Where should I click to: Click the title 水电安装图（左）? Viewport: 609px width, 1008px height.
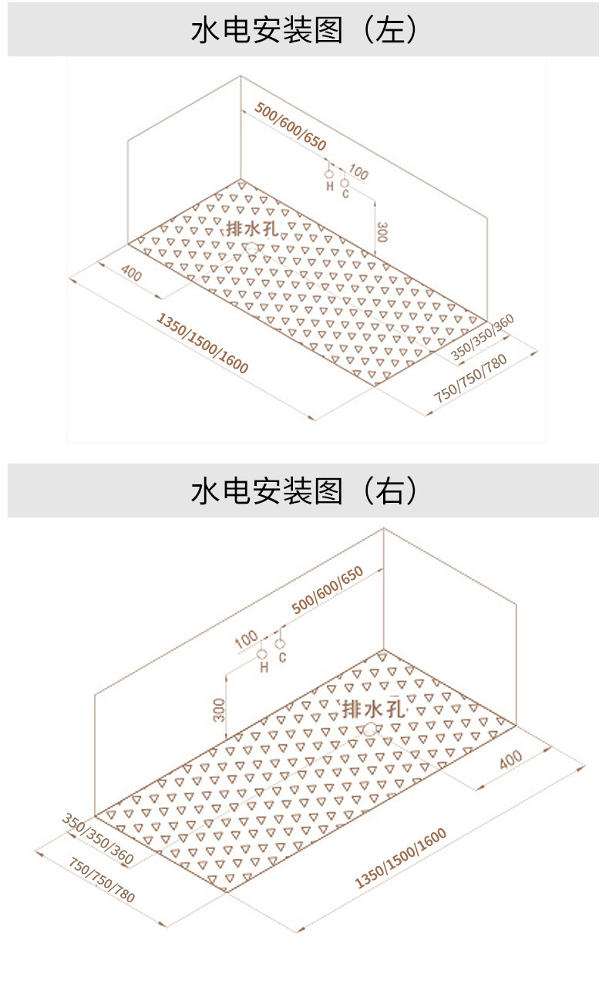click(x=304, y=30)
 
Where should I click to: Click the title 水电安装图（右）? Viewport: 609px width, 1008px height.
click(x=304, y=491)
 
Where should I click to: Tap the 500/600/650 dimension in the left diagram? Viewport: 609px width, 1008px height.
click(x=290, y=126)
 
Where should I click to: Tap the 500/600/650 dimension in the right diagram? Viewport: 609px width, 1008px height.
click(x=327, y=589)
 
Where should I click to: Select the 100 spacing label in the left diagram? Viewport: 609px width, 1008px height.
click(x=358, y=172)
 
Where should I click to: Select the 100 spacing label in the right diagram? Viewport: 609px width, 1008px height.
click(x=247, y=639)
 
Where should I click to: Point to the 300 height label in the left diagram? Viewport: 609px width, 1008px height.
click(x=382, y=231)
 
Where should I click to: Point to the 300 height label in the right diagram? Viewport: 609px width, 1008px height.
click(x=219, y=710)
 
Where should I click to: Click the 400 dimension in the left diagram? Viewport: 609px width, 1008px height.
click(x=131, y=273)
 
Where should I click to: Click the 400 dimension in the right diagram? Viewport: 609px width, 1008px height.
click(x=511, y=760)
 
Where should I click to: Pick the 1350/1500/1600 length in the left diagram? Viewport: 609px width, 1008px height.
click(x=203, y=343)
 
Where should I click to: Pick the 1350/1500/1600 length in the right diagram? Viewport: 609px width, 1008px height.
click(x=400, y=858)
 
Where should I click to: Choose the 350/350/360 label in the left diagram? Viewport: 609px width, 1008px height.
click(x=482, y=337)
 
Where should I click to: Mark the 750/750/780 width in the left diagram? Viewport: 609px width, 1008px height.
click(x=470, y=378)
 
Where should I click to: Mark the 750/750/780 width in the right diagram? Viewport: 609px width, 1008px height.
click(x=102, y=879)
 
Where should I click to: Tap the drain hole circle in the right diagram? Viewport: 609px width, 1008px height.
click(x=370, y=729)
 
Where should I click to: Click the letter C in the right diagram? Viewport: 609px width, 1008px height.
click(x=282, y=657)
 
